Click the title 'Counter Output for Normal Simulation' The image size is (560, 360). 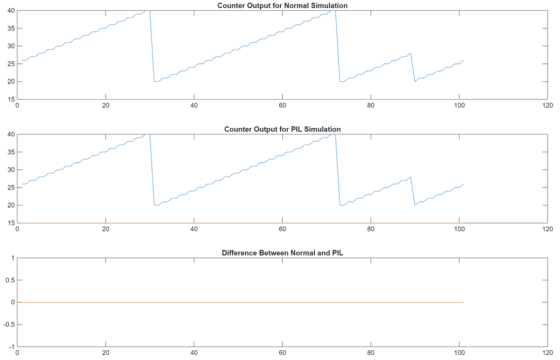coord(282,6)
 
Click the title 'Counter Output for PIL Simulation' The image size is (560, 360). coord(282,129)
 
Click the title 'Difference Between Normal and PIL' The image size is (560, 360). coord(282,253)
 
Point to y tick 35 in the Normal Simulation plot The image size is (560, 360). coord(10,28)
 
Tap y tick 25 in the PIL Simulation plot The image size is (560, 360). coord(10,187)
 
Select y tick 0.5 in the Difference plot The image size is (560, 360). coord(10,280)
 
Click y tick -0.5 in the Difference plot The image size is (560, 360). coord(9,324)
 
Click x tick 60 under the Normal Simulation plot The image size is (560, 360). coord(282,106)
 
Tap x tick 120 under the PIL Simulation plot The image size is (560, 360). coord(547,229)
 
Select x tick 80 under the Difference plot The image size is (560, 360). coord(370,353)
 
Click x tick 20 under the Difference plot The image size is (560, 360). coord(106,353)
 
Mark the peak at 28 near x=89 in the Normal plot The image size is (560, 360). coord(410,53)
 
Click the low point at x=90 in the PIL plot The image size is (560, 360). coord(415,205)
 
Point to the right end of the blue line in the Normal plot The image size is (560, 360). coord(464,60)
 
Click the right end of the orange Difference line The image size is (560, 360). coord(464,302)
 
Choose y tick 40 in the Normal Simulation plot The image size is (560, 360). coord(10,11)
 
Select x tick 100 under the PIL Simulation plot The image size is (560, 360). coord(459,229)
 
